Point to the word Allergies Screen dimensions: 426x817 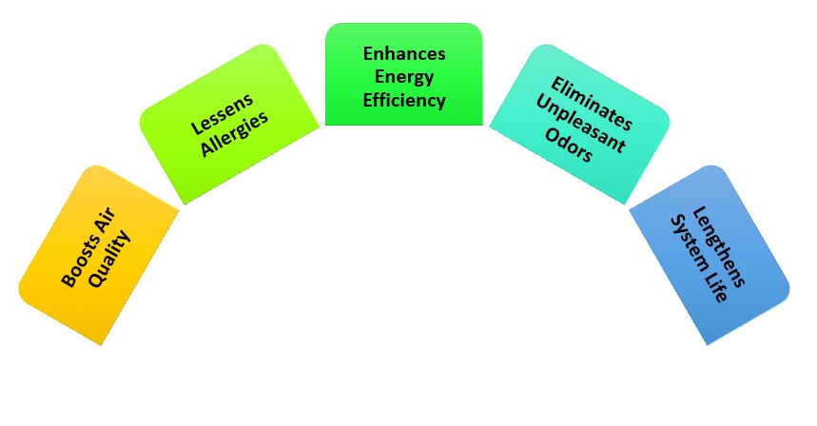(x=236, y=130)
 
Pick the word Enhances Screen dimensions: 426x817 (x=403, y=53)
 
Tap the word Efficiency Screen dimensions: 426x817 (x=403, y=98)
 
